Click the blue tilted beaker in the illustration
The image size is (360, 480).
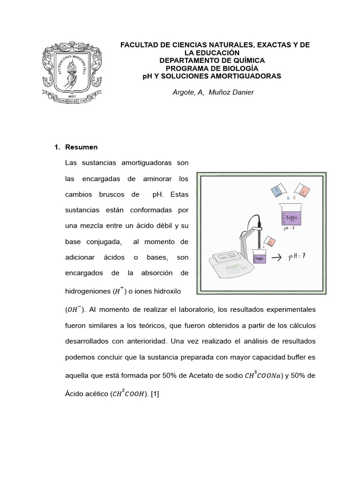(x=280, y=190)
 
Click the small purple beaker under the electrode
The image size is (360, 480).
(x=259, y=257)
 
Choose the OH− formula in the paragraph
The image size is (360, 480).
(x=74, y=309)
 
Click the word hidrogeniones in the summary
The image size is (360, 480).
(x=87, y=292)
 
